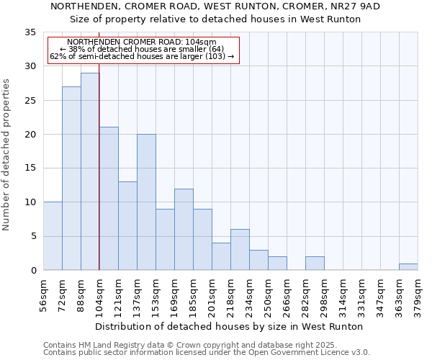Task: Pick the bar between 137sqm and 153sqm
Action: pos(146,202)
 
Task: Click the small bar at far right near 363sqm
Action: pos(408,267)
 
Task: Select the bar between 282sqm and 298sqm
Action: pos(315,264)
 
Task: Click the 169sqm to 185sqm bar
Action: pos(184,230)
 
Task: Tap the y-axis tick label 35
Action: pos(30,32)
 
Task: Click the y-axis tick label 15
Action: pos(30,168)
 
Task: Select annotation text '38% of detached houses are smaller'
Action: pos(142,49)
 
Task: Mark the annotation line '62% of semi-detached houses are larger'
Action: pos(142,56)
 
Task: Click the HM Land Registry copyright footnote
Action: pos(190,345)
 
